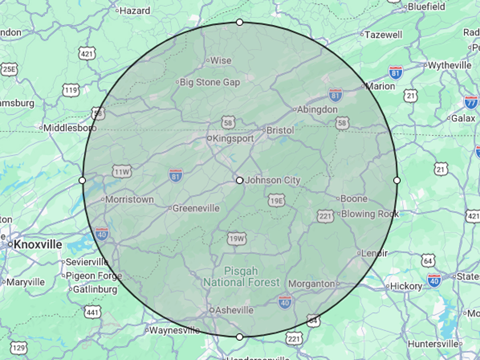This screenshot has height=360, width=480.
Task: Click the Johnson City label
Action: pyautogui.click(x=272, y=180)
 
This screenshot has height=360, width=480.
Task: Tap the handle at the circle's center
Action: pyautogui.click(x=240, y=180)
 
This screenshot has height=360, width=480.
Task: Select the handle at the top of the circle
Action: pyautogui.click(x=240, y=22)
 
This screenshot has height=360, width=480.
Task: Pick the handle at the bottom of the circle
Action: pyautogui.click(x=240, y=337)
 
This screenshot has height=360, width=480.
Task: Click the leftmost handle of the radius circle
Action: pyautogui.click(x=82, y=180)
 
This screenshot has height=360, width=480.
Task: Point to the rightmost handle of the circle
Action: pyautogui.click(x=397, y=180)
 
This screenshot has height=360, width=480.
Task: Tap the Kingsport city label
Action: pyautogui.click(x=233, y=138)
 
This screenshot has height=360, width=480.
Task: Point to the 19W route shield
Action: pyautogui.click(x=236, y=239)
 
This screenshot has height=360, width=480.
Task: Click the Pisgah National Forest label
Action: pyautogui.click(x=241, y=276)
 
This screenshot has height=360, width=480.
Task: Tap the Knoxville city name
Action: pyautogui.click(x=38, y=244)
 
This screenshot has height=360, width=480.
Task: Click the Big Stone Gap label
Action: pyautogui.click(x=210, y=82)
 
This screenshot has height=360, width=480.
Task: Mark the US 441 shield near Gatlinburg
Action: pyautogui.click(x=93, y=312)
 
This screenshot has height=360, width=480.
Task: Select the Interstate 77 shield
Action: pyautogui.click(x=472, y=102)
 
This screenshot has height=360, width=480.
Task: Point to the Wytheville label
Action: pyautogui.click(x=450, y=65)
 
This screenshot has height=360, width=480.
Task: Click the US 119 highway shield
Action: pyautogui.click(x=71, y=90)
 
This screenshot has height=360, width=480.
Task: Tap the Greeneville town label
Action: pyautogui.click(x=196, y=208)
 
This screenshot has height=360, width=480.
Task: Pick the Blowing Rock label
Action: pyautogui.click(x=370, y=214)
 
